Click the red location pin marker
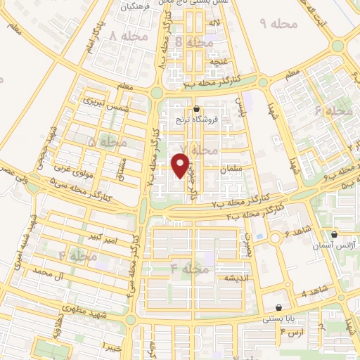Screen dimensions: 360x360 pos(181,165)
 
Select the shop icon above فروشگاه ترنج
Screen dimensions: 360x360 pos(195,109)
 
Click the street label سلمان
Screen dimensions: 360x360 pos(231,170)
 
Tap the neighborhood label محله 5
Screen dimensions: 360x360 pos(101,141)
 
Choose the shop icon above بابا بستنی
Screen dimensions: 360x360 pos(280,307)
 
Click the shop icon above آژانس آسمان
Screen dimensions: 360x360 pos(335,233)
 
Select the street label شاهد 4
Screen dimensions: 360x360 pos(314,292)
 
